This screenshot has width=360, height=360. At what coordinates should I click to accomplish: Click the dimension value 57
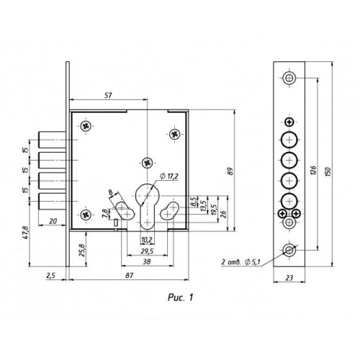[108, 95]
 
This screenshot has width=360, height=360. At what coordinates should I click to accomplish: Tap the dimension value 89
[230, 171]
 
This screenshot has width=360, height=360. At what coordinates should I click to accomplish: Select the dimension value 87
[130, 275]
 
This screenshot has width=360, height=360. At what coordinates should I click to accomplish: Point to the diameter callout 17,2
[170, 176]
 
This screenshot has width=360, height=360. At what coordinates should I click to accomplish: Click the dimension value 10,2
[147, 240]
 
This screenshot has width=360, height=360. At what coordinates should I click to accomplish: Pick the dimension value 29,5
[147, 251]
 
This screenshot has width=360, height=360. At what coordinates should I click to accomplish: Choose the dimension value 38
[147, 261]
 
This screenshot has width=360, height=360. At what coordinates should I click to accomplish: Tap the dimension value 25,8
[82, 250]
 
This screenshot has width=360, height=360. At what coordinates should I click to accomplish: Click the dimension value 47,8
[26, 232]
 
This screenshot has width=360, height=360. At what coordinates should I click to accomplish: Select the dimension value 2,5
[50, 276]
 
